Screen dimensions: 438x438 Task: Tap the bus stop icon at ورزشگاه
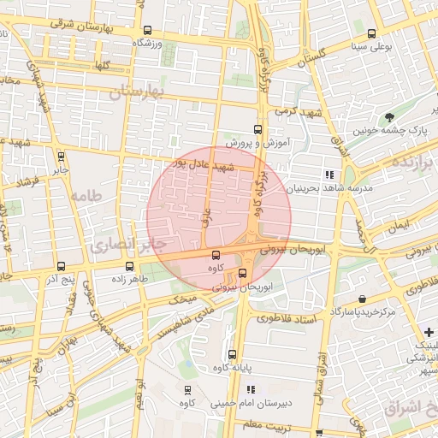click(x=148, y=30)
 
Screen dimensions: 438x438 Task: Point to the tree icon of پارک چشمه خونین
click(x=390, y=117)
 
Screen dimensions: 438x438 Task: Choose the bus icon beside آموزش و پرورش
click(x=257, y=125)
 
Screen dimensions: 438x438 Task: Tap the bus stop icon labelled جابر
click(x=61, y=157)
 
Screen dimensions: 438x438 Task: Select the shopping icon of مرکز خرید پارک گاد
click(x=364, y=299)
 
